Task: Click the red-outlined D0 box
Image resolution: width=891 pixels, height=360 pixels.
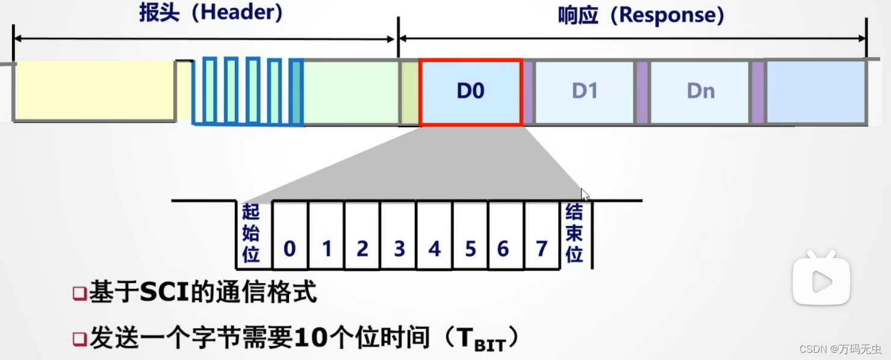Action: tap(470, 92)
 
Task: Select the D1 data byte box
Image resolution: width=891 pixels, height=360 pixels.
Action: tap(584, 92)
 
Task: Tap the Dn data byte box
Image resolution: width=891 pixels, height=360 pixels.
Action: tap(700, 92)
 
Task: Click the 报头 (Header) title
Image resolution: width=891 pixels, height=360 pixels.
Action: tap(211, 13)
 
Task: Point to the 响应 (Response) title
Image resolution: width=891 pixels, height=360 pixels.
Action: tap(641, 15)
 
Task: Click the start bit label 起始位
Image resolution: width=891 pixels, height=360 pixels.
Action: tap(251, 234)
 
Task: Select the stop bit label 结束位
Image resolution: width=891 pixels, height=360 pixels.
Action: tap(574, 234)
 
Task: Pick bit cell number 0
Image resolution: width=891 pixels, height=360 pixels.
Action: tap(290, 248)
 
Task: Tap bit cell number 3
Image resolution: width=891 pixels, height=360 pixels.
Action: tap(399, 248)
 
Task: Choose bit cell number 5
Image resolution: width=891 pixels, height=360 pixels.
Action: tap(470, 248)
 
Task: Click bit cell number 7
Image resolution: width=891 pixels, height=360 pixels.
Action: tap(541, 248)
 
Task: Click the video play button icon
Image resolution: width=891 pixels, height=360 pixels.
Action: tap(821, 281)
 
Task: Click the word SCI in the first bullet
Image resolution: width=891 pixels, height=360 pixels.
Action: tap(165, 293)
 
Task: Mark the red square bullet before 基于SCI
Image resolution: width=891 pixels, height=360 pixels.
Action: tap(79, 294)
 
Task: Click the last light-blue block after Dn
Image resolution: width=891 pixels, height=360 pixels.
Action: tap(815, 92)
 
